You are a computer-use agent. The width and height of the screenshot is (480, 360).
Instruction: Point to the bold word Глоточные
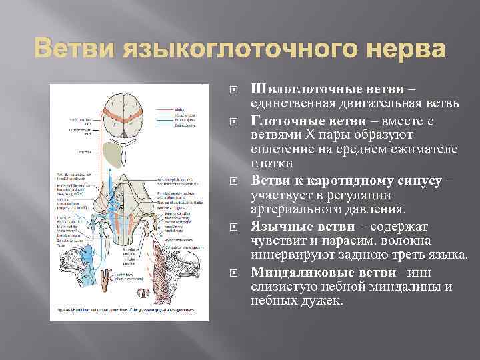(281, 121)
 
